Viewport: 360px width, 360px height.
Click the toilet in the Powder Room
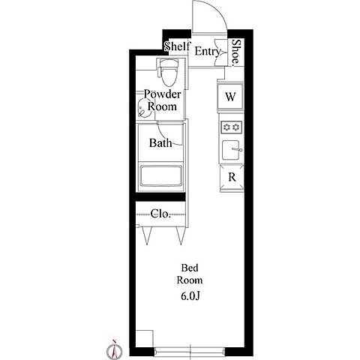pos(168,72)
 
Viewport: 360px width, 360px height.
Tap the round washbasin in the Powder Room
pos(145,108)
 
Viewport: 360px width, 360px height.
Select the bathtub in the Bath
pos(160,175)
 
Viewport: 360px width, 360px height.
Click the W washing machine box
pos(230,97)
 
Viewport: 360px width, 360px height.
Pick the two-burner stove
pos(232,127)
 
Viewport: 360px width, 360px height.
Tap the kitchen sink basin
pos(230,150)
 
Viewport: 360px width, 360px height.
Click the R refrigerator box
pos(232,177)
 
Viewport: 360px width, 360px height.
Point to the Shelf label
pos(177,46)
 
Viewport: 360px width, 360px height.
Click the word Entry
pos(208,52)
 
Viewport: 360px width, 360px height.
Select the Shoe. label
pos(235,53)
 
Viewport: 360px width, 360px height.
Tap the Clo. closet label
pos(160,214)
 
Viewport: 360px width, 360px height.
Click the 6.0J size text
pos(190,296)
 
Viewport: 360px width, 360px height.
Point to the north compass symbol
pos(114,349)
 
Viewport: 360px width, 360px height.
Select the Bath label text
pos(160,143)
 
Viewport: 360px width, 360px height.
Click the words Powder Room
pos(162,100)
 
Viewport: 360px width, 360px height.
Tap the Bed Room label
pos(190,274)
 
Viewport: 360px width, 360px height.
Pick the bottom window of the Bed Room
pos(190,351)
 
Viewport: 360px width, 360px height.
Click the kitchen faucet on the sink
pos(237,150)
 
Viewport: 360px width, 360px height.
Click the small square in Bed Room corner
pos(144,338)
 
